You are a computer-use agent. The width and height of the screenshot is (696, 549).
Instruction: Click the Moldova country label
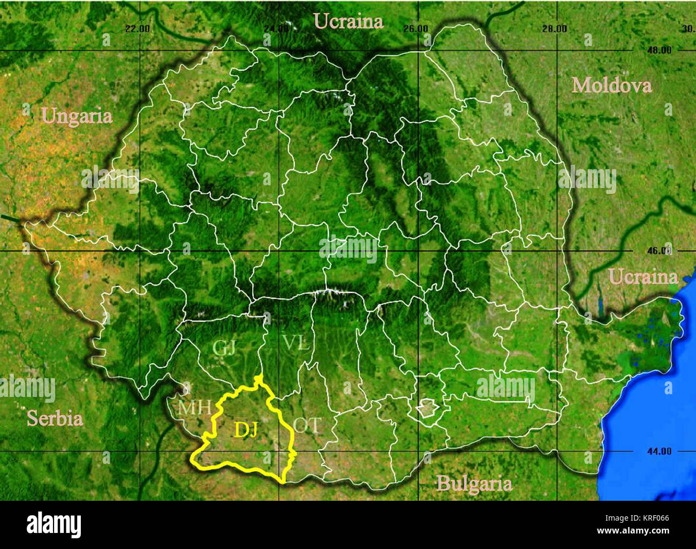(x=611, y=86)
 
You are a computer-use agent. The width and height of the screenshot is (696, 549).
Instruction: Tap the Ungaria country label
(x=77, y=116)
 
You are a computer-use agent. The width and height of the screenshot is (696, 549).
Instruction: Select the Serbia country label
(x=55, y=418)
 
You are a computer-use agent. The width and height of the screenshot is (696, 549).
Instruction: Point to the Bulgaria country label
(x=474, y=484)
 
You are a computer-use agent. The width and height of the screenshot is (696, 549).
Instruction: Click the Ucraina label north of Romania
(x=349, y=21)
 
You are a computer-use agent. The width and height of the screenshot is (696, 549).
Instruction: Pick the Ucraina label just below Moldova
(x=643, y=277)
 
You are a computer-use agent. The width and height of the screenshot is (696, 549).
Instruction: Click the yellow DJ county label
(x=246, y=430)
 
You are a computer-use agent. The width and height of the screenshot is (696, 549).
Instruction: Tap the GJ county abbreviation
(x=224, y=348)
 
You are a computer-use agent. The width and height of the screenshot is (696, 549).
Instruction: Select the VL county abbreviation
(x=296, y=343)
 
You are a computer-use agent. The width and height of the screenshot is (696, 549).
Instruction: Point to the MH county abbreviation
(x=194, y=408)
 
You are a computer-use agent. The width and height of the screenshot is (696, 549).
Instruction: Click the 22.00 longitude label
(x=138, y=29)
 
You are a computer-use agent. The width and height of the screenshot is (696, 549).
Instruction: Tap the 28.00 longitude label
(x=554, y=29)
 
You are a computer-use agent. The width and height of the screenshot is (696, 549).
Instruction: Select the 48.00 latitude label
(x=659, y=50)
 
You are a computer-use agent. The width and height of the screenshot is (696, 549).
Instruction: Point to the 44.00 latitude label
(x=659, y=452)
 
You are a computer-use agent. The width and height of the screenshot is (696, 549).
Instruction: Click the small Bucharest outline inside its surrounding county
(x=428, y=410)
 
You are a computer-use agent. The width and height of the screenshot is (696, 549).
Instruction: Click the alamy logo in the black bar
(x=54, y=525)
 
